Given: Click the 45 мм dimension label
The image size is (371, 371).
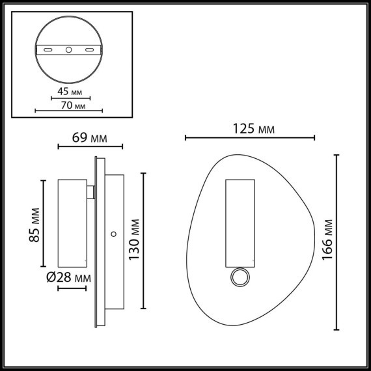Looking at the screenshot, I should click(70, 92).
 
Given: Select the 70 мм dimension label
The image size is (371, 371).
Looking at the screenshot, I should click(70, 105).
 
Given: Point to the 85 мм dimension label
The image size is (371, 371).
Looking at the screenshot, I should click(36, 225).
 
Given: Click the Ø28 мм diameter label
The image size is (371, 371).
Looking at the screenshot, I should click(68, 278).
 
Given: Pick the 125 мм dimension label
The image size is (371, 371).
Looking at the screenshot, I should click(253, 129).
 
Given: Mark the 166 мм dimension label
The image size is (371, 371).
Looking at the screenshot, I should click(327, 242).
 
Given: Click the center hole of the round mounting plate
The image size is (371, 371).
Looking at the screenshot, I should click(69, 49).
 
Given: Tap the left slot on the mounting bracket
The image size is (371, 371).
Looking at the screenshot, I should click(49, 49).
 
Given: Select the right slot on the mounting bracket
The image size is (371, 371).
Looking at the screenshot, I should click(89, 49).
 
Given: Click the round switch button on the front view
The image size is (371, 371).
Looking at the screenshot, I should click(239, 278).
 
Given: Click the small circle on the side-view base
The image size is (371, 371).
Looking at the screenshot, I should click(113, 232).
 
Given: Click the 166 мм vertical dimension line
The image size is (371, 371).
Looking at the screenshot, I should click(338, 242).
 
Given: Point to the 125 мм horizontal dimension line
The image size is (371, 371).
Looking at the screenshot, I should click(251, 138).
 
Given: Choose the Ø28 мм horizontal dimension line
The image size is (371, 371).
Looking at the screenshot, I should click(72, 288).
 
